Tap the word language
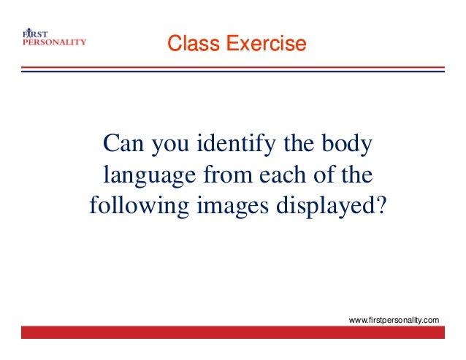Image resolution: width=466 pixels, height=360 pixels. click(x=149, y=175)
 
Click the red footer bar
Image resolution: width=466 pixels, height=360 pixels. click(x=232, y=332)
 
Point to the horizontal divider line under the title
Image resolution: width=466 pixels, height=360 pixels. click(x=232, y=69)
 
